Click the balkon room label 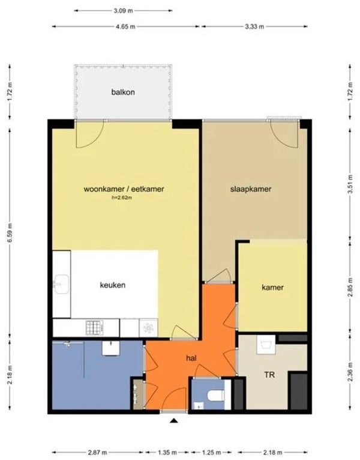[123, 92]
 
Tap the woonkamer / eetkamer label [124, 189]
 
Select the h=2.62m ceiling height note [122, 198]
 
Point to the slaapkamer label [251, 189]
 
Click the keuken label [113, 285]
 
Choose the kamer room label [272, 287]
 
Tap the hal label [191, 358]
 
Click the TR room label [269, 375]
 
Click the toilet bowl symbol [216, 395]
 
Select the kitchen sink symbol [61, 284]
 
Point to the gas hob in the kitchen [94, 328]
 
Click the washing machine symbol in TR [266, 345]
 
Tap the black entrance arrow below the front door [174, 421]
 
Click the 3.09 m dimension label [123, 11]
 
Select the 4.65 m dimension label [125, 26]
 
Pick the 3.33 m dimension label [254, 26]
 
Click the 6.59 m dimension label [10, 232]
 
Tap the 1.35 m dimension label [167, 452]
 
